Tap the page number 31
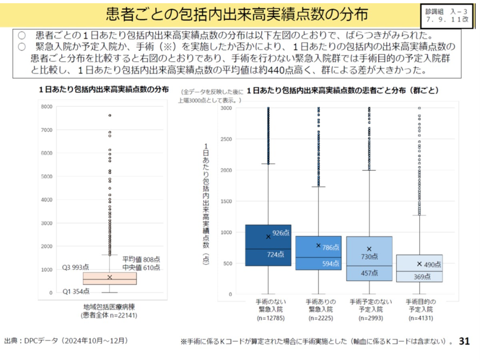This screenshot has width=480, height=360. pos(464,341)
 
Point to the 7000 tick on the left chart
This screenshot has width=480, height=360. pos(46,130)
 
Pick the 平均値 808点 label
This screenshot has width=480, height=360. pos(140,259)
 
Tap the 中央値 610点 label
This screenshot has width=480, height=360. pos(140,267)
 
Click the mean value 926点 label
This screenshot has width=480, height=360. pos(281,233)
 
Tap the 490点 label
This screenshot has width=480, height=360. pos(432,265)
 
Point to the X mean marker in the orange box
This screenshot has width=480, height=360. pos(110,277)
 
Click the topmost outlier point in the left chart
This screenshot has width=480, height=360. pos(109,115)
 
